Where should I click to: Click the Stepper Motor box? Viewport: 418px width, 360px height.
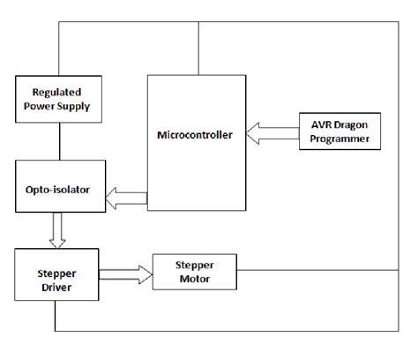pyautogui.click(x=196, y=270)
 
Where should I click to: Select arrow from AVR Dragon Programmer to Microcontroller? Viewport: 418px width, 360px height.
pyautogui.click(x=273, y=133)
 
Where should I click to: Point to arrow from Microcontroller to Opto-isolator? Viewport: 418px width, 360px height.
pyautogui.click(x=126, y=199)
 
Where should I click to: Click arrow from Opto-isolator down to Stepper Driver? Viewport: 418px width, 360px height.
pyautogui.click(x=58, y=232)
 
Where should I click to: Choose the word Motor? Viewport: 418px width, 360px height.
pyautogui.click(x=196, y=278)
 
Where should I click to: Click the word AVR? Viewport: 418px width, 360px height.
pyautogui.click(x=318, y=123)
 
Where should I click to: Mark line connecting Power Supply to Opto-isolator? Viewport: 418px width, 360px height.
pyautogui.click(x=58, y=142)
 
